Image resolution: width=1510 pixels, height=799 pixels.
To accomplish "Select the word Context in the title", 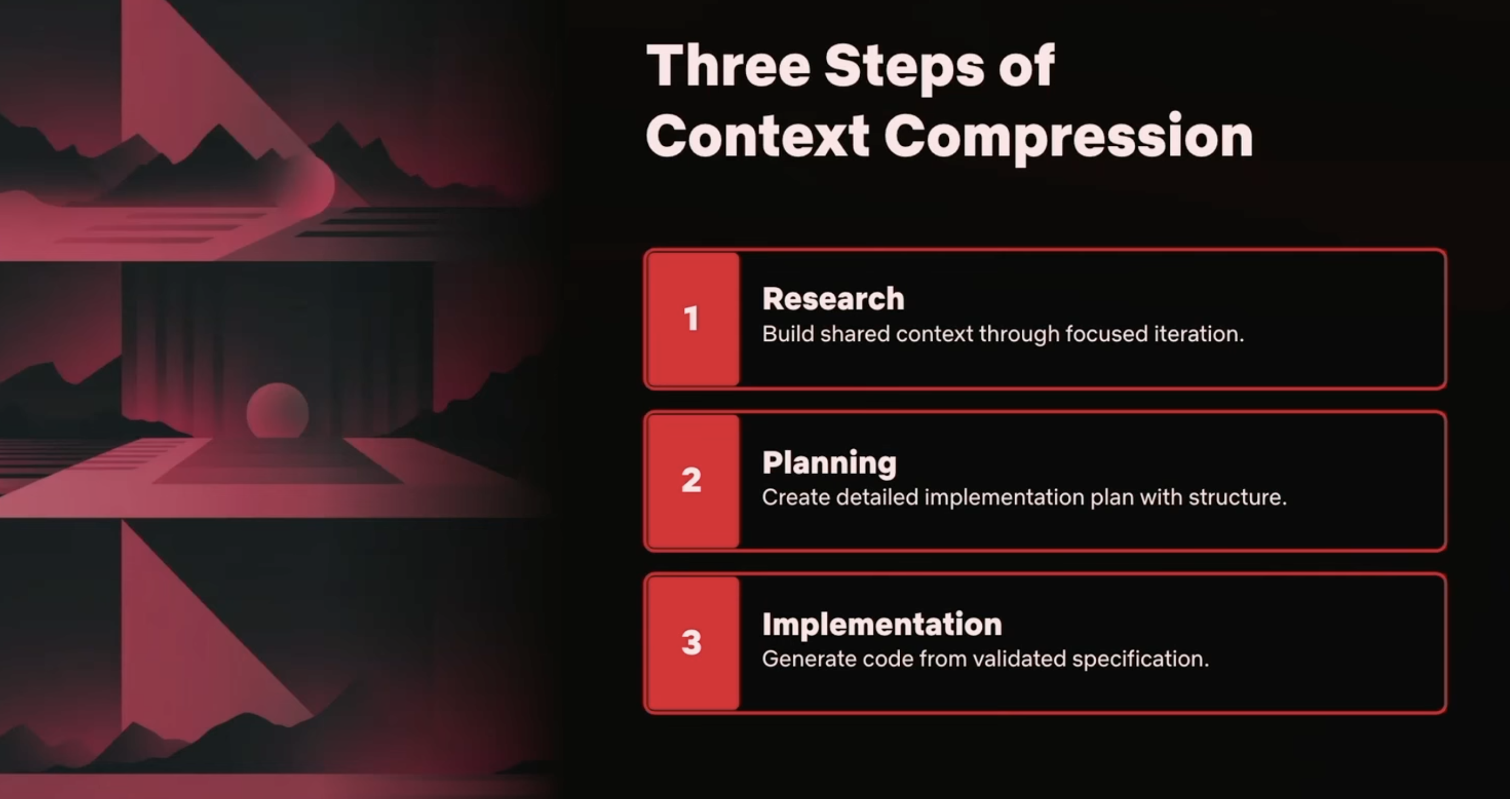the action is pos(757,136).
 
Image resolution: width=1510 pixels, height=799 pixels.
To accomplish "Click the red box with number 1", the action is pos(693,319).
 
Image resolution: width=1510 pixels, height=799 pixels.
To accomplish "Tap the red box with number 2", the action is pos(693,481).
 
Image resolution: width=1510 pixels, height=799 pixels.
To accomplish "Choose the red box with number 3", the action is pos(693,642).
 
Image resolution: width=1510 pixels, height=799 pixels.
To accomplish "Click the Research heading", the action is pos(833,299).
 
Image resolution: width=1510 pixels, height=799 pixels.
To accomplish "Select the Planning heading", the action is pos(830,463).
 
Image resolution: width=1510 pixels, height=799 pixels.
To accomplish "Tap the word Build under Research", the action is pos(787,334).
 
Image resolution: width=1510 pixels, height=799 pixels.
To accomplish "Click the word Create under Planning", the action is pos(796,497).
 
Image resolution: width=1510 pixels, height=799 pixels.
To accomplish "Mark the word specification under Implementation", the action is pos(1140,659).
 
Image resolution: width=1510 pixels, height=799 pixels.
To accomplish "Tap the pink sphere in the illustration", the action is pos(277,410).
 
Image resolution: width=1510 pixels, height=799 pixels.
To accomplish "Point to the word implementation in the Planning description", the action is pos(1004,498).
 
